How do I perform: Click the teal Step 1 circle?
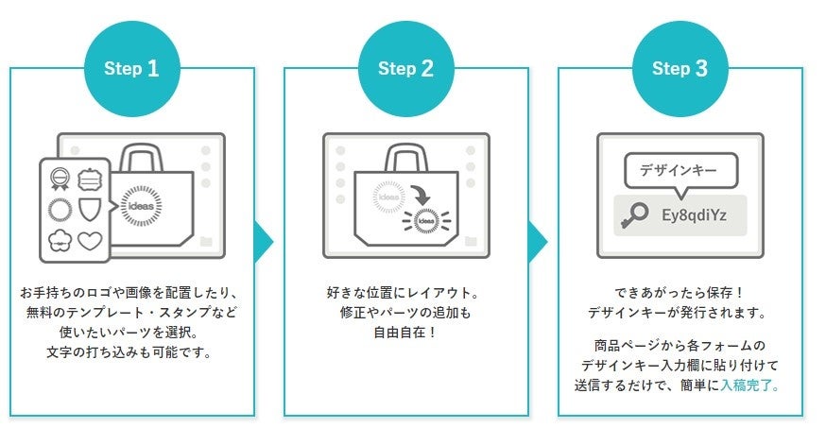[x=131, y=68]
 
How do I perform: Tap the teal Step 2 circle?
[x=406, y=68]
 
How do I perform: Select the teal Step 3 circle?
[x=680, y=68]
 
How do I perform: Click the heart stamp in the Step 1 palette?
[x=88, y=241]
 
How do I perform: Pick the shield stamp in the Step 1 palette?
[x=88, y=208]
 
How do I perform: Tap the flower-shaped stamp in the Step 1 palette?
[x=59, y=241]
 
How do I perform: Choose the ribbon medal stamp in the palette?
[x=59, y=177]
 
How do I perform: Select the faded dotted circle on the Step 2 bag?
[x=388, y=197]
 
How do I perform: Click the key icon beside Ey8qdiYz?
[x=631, y=215]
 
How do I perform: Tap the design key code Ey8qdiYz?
[x=693, y=215]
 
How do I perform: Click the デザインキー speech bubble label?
[x=679, y=171]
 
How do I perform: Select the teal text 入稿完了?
[x=749, y=385]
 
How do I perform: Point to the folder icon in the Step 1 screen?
[x=206, y=240]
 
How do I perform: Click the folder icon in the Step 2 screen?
[x=471, y=240]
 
